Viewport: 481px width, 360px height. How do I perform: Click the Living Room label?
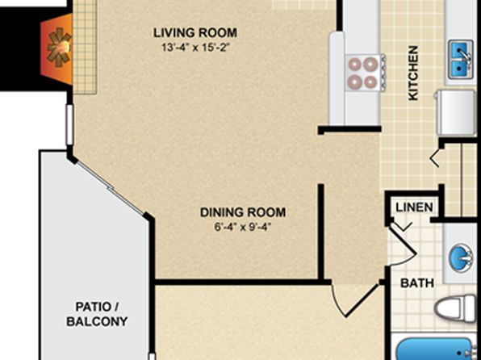(195, 33)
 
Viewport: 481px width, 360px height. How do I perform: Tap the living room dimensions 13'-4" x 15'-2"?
(196, 48)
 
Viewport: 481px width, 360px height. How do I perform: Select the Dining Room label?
(243, 212)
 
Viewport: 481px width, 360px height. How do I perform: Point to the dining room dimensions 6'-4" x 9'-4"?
(243, 227)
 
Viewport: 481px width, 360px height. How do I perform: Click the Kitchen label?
(413, 73)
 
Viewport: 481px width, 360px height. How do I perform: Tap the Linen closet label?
(414, 207)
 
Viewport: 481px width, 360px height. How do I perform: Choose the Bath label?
(417, 283)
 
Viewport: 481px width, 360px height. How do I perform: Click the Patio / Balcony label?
(97, 314)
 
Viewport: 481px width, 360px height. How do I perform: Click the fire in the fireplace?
(59, 48)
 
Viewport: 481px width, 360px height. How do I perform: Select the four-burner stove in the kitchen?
(365, 73)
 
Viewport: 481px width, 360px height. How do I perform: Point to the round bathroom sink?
(460, 257)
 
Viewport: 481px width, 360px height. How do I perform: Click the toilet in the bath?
(455, 308)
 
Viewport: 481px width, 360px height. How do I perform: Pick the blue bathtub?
(437, 349)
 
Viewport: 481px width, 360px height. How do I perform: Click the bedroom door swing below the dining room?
(354, 301)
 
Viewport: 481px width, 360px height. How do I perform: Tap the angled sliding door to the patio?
(110, 188)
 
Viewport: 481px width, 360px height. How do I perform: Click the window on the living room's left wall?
(69, 124)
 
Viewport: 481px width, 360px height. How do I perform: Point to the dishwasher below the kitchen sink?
(457, 112)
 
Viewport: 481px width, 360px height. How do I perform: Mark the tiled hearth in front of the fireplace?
(85, 47)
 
